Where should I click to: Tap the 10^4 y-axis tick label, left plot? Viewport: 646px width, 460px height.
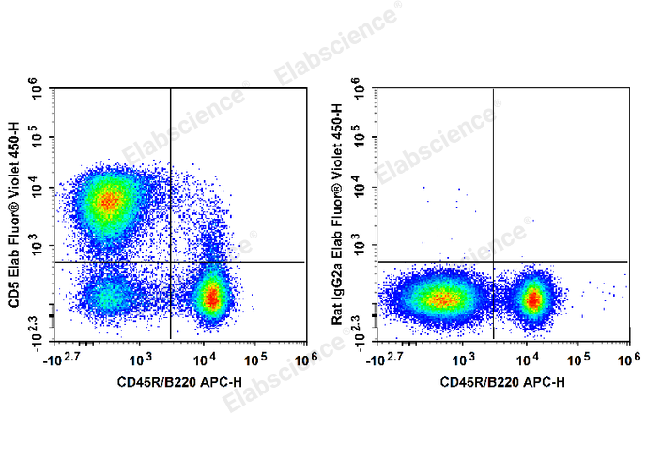(38, 188)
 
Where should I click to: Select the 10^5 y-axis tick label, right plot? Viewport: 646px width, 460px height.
(361, 138)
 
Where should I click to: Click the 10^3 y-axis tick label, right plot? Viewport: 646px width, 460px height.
(361, 246)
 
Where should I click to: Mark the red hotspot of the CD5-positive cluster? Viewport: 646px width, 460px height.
(110, 200)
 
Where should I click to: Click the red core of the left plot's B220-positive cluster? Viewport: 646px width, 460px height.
(213, 298)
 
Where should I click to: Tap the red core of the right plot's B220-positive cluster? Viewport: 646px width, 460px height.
(533, 299)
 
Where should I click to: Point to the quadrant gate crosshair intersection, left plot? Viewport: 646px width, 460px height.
(170, 262)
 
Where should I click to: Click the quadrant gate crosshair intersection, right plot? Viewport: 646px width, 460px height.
(493, 262)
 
